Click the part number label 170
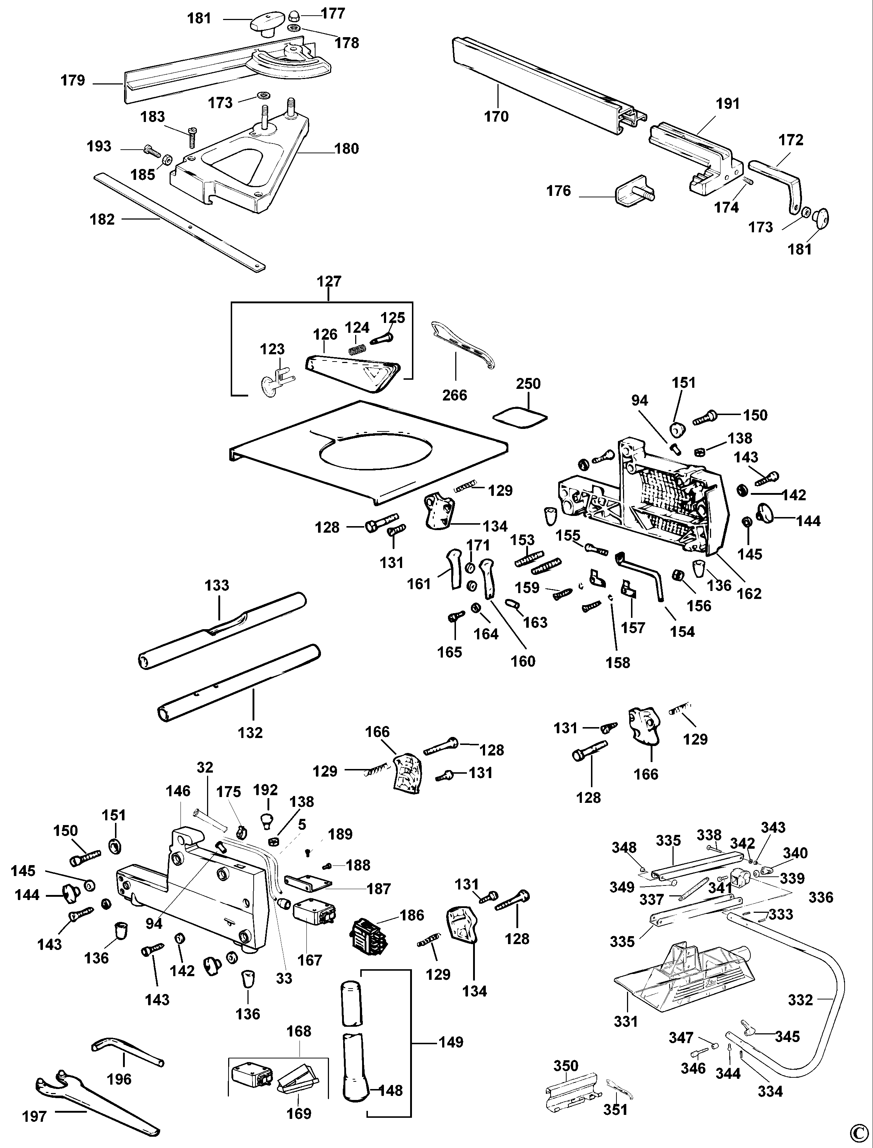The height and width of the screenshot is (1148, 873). click(496, 117)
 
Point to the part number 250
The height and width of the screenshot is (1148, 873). click(528, 384)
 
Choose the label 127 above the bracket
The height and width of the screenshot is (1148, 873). click(329, 281)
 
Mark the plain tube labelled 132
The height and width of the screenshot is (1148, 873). click(239, 683)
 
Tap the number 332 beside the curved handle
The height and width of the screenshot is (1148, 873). click(800, 1000)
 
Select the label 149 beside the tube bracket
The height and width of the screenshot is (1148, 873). click(451, 1042)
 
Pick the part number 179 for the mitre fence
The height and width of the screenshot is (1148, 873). click(73, 80)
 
